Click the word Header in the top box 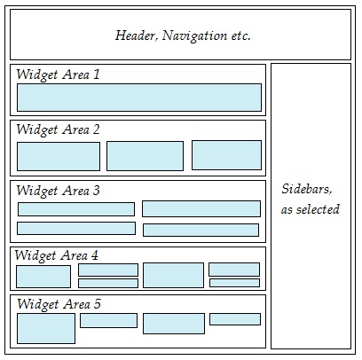136,35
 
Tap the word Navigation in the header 194,36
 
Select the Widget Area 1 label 58,74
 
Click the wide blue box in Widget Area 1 139,98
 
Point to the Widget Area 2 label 58,130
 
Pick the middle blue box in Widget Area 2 145,156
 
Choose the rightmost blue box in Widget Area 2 226,155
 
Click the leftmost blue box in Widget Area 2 59,156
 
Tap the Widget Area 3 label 58,191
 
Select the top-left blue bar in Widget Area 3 76,209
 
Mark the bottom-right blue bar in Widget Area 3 201,230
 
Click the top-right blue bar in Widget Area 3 201,208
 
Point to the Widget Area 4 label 57,255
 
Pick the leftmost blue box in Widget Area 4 43,277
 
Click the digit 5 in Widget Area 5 98,304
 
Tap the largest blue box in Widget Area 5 46,328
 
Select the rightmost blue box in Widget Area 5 235,319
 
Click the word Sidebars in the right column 307,189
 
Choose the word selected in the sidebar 318,209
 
